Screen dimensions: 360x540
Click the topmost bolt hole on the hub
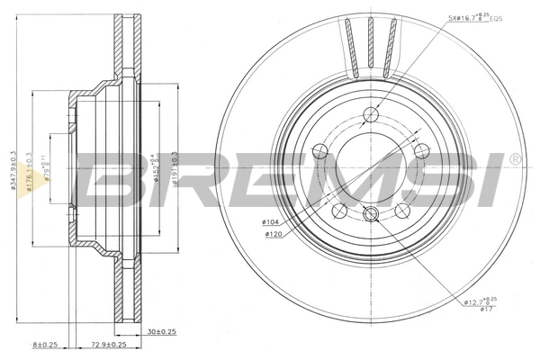pos(371,114)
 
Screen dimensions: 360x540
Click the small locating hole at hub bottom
pos(370,214)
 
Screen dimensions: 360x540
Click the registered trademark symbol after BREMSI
pos(514,159)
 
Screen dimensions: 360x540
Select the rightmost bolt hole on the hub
pos(421,150)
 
